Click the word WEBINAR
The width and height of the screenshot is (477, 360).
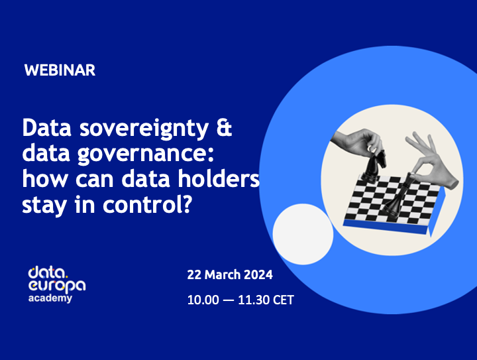coord(60,70)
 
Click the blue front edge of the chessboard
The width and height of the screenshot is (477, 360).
coord(390,229)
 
